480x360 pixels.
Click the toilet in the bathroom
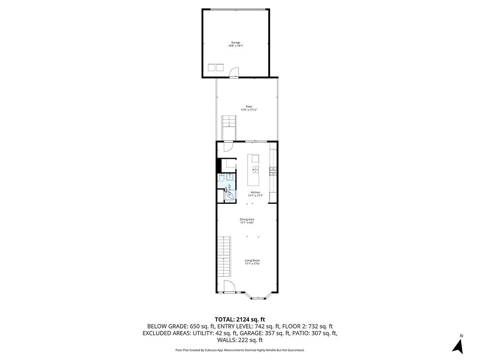(x=222, y=178)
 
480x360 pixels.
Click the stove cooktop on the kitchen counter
(x=273, y=170)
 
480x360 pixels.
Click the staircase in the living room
(x=223, y=257)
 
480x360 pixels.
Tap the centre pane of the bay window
(x=258, y=299)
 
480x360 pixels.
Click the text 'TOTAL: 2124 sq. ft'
(x=240, y=319)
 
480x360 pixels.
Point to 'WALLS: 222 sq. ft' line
(x=240, y=340)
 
